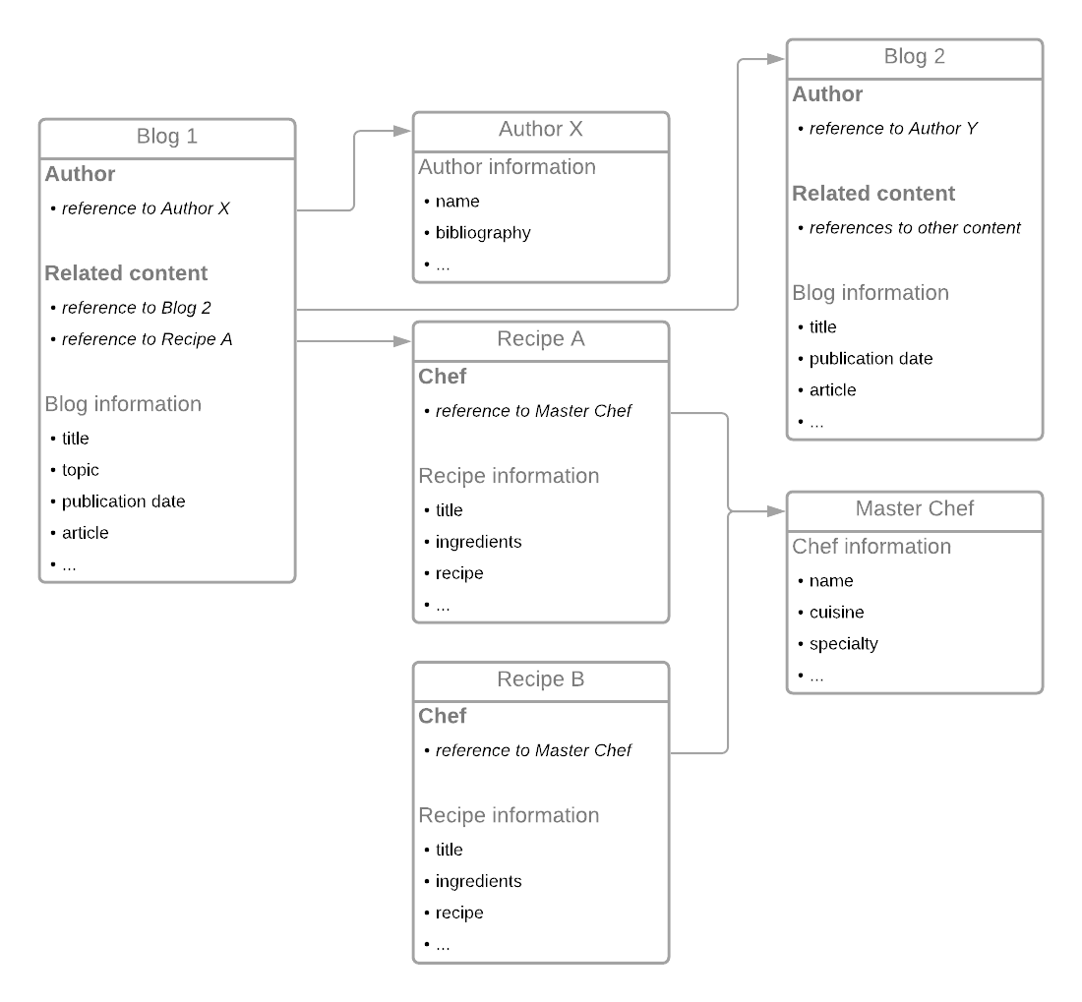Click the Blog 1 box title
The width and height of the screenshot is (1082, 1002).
pyautogui.click(x=167, y=137)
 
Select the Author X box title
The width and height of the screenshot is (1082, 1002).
pyautogui.click(x=541, y=129)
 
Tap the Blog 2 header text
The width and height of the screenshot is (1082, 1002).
pyautogui.click(x=915, y=57)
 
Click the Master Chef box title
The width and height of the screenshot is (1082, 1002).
pyautogui.click(x=915, y=509)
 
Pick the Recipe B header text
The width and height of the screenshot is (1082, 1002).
pyautogui.click(x=541, y=679)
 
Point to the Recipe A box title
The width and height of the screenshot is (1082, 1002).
pyautogui.click(x=541, y=338)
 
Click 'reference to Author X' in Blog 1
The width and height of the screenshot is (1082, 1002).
pyautogui.click(x=146, y=208)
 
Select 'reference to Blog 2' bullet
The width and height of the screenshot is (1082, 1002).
pyautogui.click(x=137, y=308)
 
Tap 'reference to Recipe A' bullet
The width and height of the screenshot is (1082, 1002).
pyautogui.click(x=147, y=339)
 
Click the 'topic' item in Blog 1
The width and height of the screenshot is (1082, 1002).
pyautogui.click(x=81, y=470)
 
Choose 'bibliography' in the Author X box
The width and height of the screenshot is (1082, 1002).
pyautogui.click(x=483, y=233)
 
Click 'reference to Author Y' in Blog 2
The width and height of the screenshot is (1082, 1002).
pyautogui.click(x=893, y=128)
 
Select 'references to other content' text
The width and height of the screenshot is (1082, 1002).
pyautogui.click(x=915, y=227)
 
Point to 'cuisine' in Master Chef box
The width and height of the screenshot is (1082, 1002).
pyautogui.click(x=836, y=613)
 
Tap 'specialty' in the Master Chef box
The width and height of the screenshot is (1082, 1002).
pyautogui.click(x=844, y=644)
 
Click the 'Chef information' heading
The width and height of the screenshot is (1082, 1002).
pyautogui.click(x=872, y=547)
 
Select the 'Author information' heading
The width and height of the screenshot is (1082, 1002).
pyautogui.click(x=508, y=167)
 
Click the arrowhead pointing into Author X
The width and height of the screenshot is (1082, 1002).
pyautogui.click(x=402, y=131)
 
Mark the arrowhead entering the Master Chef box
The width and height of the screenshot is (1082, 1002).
pyautogui.click(x=776, y=511)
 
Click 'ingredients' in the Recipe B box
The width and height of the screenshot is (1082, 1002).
pyautogui.click(x=479, y=881)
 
